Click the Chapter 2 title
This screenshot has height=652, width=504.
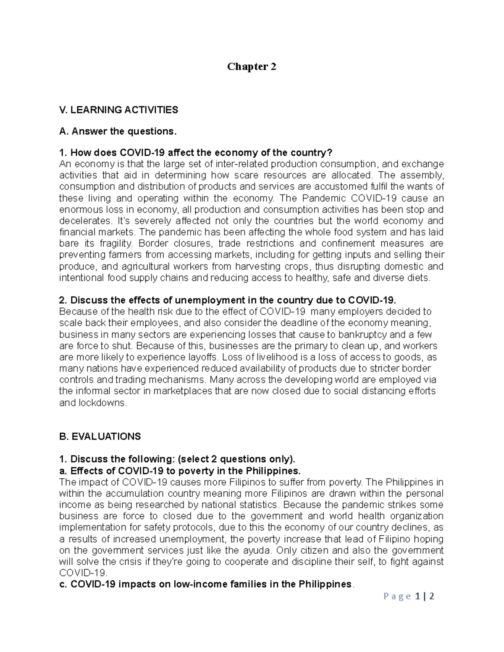[252, 66]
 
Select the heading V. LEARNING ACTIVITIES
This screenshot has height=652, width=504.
[119, 110]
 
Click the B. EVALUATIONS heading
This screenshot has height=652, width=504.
[100, 436]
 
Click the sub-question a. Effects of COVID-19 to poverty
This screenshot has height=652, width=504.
[180, 470]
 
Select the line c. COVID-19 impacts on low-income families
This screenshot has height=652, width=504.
[206, 584]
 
